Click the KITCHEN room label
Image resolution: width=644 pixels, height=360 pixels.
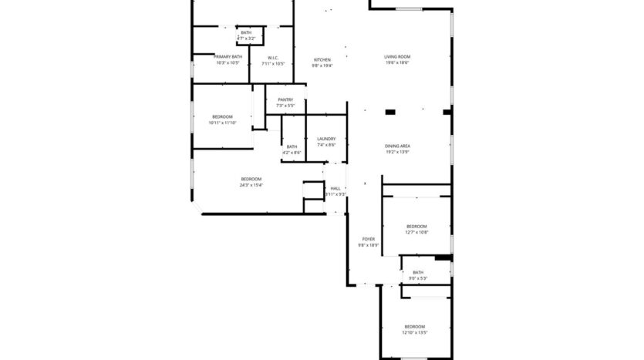[x=322, y=60]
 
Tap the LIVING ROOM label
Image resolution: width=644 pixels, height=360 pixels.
[x=397, y=57]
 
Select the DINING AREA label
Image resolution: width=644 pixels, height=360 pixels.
[x=397, y=146]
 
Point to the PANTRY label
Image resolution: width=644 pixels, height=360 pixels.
[x=285, y=99]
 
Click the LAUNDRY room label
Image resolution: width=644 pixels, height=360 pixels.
[x=326, y=139]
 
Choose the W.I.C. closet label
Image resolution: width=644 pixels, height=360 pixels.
[x=273, y=58]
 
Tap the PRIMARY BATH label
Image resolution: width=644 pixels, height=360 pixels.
[x=228, y=57]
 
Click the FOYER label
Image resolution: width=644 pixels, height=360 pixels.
[x=369, y=240]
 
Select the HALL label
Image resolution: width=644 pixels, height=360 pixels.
[x=335, y=189]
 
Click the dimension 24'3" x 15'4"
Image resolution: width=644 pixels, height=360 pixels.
[x=251, y=185]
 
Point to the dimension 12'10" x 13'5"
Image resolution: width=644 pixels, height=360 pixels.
[x=415, y=333]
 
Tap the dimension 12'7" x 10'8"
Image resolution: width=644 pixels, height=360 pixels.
[x=416, y=232]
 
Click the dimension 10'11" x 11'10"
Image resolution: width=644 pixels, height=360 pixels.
[x=222, y=123]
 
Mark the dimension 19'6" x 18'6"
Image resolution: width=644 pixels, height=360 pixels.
[x=397, y=63]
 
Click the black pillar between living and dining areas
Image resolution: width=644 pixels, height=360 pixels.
[x=390, y=113]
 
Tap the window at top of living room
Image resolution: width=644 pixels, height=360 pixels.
[x=410, y=9]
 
